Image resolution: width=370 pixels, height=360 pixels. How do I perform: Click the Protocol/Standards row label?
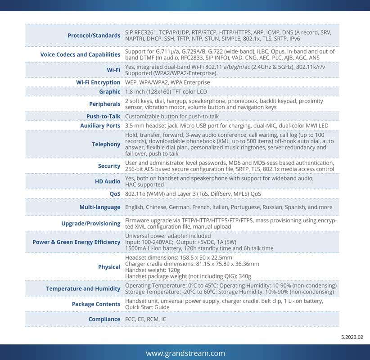[x=94, y=36]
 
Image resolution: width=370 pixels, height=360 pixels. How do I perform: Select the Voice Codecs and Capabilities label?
[x=80, y=54]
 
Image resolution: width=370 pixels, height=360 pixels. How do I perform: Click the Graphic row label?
[x=109, y=92]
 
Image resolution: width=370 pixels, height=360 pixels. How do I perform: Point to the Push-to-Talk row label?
[x=103, y=116]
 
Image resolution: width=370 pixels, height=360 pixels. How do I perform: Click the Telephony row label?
[x=106, y=144]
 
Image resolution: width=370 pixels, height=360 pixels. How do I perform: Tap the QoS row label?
[x=114, y=194]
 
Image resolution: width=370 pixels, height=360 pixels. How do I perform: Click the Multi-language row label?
[x=99, y=207]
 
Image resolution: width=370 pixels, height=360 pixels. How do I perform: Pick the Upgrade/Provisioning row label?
[x=90, y=223]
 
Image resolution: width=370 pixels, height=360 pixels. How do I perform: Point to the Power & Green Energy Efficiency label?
[x=76, y=242]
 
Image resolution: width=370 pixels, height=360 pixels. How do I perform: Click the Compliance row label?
[x=104, y=319]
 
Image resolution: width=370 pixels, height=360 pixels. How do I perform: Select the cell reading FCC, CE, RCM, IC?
[x=145, y=319]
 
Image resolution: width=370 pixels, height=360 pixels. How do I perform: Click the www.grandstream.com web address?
[x=185, y=353]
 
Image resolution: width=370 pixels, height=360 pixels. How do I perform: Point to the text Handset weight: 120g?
[x=152, y=270]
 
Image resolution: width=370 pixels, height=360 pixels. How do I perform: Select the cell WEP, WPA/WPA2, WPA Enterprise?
[x=167, y=82]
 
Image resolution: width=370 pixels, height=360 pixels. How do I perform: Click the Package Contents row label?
[x=96, y=304]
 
